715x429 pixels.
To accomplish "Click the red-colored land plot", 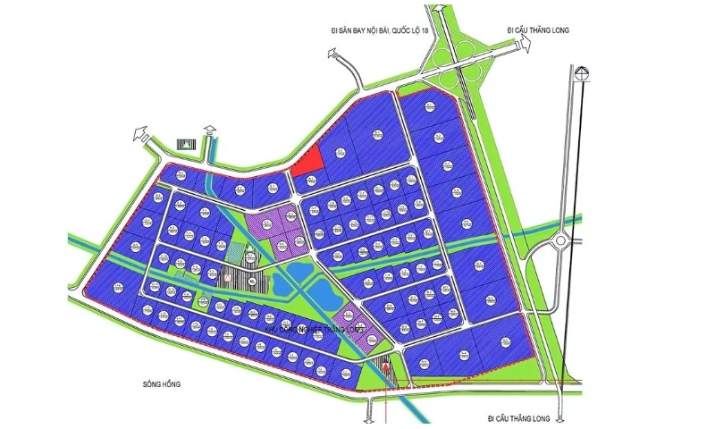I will click(x=309, y=161).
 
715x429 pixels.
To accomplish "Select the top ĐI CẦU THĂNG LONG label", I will click(x=538, y=29).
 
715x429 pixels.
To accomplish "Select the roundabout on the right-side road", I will click(x=560, y=240).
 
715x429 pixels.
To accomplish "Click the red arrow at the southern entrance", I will click(x=385, y=366).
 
